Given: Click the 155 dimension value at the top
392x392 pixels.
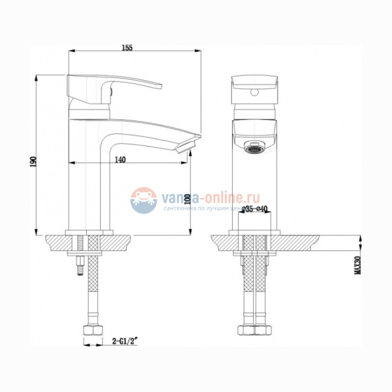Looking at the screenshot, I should click(x=126, y=48).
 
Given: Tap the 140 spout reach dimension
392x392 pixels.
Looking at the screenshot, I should click(x=119, y=159).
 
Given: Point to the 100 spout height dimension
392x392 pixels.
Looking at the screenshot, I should click(x=187, y=198).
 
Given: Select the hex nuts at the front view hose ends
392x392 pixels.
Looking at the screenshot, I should click(x=253, y=331).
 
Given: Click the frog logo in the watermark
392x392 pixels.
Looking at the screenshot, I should click(x=144, y=200).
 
